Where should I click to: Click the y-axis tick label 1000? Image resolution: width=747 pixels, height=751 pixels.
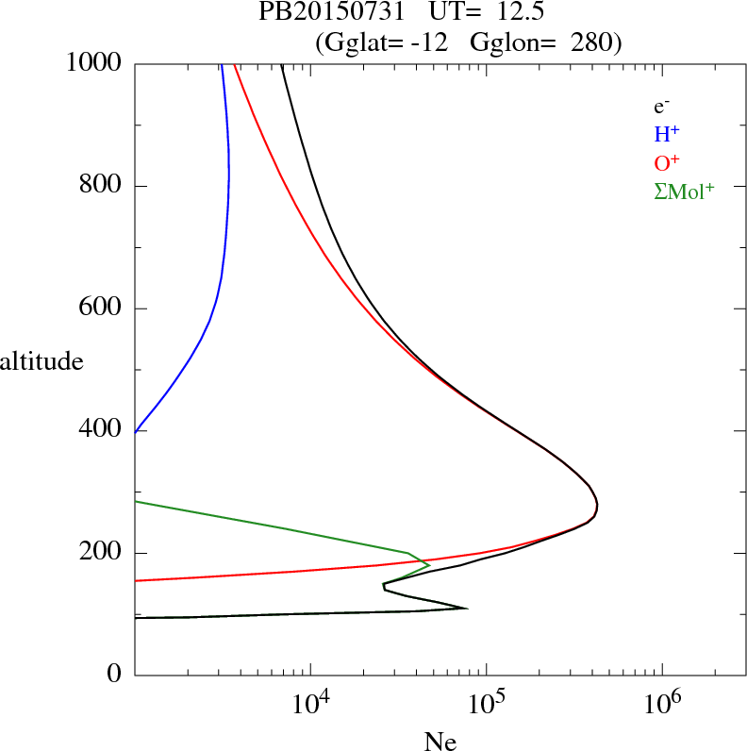click(x=95, y=63)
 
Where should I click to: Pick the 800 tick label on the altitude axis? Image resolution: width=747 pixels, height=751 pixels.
click(x=102, y=186)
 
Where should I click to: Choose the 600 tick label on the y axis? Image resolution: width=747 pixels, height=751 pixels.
click(x=102, y=309)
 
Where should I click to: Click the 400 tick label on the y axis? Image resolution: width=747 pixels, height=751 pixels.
click(x=102, y=431)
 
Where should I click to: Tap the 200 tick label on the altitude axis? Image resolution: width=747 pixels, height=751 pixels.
click(x=102, y=553)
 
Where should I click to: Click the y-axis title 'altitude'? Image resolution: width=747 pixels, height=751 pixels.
click(x=41, y=360)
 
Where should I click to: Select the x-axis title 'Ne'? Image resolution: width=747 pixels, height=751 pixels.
click(x=440, y=742)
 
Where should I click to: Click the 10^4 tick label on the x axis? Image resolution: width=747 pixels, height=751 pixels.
click(x=311, y=703)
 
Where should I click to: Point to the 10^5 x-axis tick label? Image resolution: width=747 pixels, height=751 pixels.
click(x=487, y=703)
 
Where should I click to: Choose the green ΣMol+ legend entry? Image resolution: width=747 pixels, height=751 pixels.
click(x=684, y=191)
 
